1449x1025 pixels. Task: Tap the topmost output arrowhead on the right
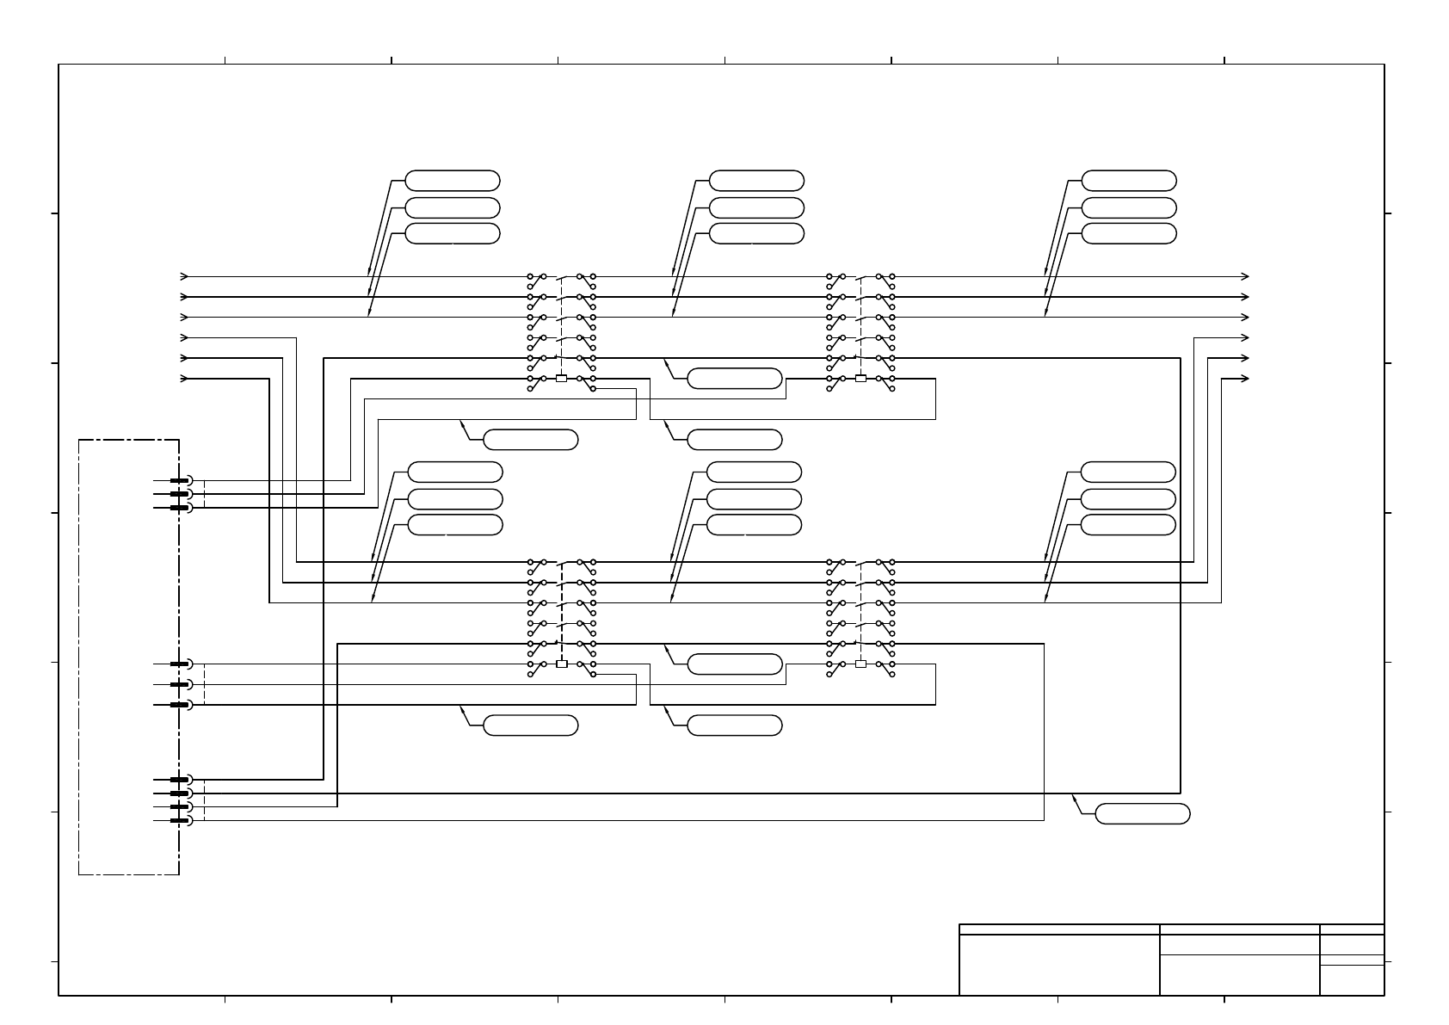[1245, 277]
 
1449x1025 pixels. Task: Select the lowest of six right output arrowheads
[1245, 379]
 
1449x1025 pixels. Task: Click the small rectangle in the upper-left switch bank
[562, 379]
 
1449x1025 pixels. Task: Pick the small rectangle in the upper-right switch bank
[860, 379]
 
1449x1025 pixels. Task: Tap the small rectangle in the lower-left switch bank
[562, 664]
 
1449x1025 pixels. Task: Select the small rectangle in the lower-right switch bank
[860, 664]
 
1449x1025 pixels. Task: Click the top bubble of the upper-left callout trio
[453, 181]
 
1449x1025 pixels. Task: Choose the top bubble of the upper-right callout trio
[1129, 181]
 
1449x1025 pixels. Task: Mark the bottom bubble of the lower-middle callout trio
[754, 525]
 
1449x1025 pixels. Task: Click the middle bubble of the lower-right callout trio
[1128, 499]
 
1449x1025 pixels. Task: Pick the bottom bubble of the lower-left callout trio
[455, 525]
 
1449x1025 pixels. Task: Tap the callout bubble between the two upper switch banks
[735, 379]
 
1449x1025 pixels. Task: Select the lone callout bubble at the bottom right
[1144, 813]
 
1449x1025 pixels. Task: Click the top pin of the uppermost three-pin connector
[179, 480]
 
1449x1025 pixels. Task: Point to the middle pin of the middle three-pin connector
[179, 684]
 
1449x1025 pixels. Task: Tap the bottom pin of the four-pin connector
[179, 820]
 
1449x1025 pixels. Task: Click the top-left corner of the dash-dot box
[79, 440]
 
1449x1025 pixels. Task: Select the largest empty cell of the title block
[1059, 965]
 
